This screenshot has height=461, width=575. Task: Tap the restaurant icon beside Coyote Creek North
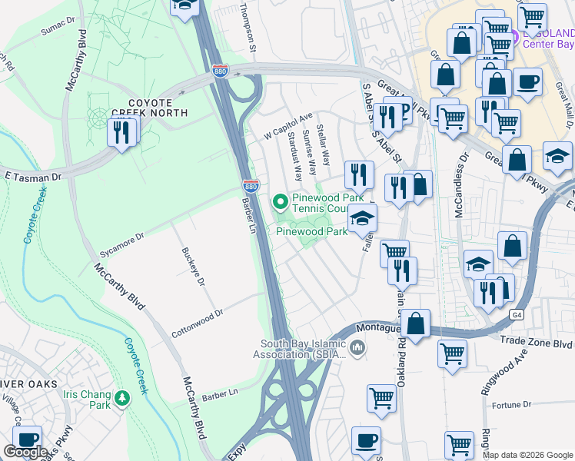click(121, 133)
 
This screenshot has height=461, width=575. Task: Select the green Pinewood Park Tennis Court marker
click(281, 202)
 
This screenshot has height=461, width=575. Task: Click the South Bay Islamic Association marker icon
click(357, 349)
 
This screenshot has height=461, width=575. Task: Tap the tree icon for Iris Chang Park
click(122, 399)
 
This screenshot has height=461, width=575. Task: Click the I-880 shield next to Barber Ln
click(251, 186)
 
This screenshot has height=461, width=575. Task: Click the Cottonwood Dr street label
click(197, 313)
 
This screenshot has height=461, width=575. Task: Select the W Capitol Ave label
click(289, 122)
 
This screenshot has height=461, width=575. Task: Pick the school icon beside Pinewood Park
click(362, 219)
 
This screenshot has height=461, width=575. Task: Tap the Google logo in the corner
click(25, 452)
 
